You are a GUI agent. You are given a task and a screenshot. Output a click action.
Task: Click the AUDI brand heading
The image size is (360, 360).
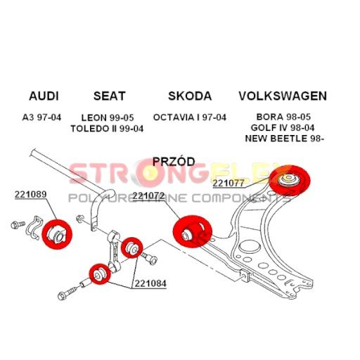44,96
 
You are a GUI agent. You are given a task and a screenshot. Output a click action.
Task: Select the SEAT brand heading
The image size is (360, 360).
110,96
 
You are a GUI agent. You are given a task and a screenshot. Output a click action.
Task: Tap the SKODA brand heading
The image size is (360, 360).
190,96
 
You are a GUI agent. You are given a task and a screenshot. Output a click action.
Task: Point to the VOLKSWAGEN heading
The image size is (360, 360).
283,96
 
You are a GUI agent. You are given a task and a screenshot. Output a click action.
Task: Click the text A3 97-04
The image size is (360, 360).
41,117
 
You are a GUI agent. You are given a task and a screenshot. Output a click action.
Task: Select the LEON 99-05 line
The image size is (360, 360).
108,117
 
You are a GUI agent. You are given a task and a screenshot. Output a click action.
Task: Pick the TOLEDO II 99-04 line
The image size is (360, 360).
107,129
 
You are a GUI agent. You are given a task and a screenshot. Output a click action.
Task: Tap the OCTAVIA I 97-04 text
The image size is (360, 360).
190,117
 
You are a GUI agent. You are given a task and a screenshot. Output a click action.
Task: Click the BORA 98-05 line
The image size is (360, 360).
283,117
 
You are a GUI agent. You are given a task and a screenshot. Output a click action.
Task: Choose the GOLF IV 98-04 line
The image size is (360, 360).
283,128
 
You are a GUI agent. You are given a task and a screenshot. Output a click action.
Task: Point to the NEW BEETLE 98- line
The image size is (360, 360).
284,139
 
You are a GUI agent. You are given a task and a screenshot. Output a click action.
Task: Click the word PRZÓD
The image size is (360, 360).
174,161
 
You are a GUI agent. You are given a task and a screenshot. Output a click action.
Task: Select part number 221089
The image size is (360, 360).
31,194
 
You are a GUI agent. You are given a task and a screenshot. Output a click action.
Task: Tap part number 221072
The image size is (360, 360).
148,196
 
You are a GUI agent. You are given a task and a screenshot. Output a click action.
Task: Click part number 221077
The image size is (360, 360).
229,183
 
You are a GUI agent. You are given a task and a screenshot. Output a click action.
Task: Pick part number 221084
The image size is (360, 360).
150,283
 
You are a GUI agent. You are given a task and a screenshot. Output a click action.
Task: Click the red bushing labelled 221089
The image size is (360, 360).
57,234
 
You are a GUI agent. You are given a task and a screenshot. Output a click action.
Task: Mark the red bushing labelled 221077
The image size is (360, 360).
290,181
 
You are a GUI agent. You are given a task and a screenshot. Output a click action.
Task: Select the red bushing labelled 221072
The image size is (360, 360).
193,231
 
